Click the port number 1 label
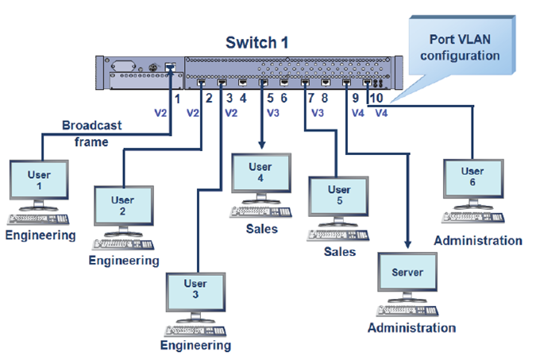pyautogui.click(x=176, y=99)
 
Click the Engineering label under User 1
pyautogui.click(x=40, y=235)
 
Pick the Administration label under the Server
pyautogui.click(x=411, y=327)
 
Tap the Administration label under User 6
pyautogui.click(x=478, y=240)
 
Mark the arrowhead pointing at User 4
pyautogui.click(x=262, y=144)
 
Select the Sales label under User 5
pyautogui.click(x=338, y=252)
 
